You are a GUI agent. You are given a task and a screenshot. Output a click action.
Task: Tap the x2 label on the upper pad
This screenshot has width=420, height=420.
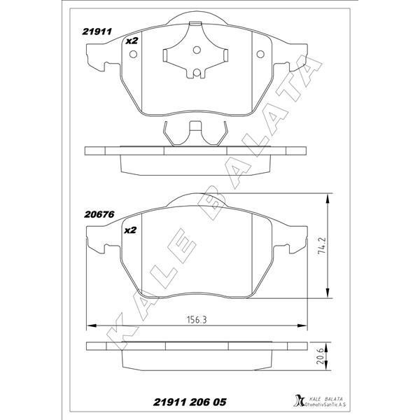click(131, 41)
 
